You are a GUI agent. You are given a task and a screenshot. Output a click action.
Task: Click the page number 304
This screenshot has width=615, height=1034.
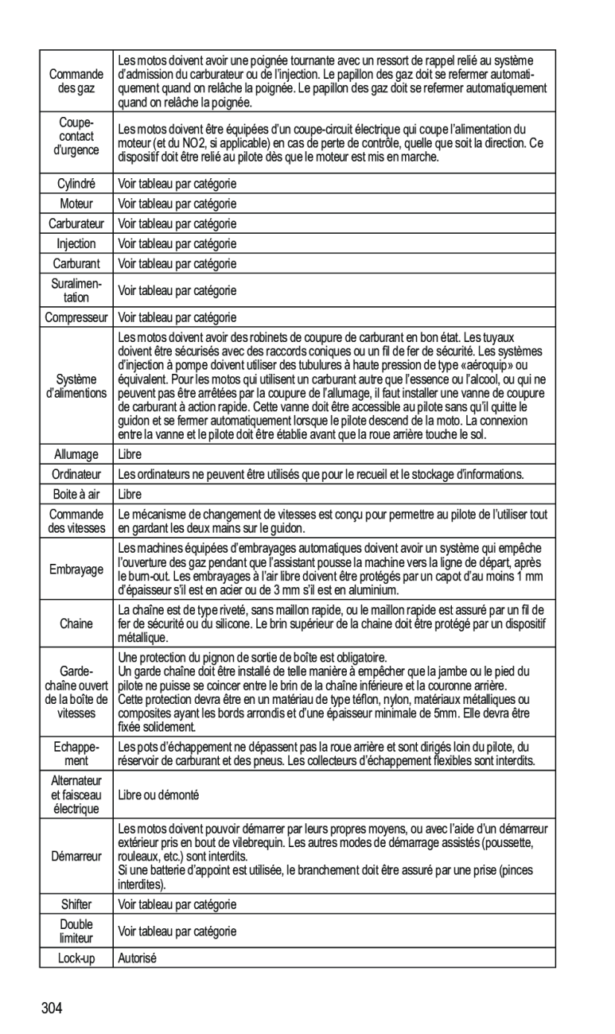(53, 1009)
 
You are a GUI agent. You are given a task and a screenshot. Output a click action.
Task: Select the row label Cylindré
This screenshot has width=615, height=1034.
(76, 184)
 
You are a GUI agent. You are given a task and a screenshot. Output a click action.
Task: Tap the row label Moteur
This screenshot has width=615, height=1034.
(76, 204)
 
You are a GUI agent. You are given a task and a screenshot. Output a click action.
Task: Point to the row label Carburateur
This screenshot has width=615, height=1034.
(76, 224)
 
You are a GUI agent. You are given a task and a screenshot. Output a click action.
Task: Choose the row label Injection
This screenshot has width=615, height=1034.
(76, 243)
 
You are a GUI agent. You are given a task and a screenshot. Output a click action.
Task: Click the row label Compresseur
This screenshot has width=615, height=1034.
(76, 317)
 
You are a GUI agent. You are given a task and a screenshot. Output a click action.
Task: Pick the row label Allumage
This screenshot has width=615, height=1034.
(76, 455)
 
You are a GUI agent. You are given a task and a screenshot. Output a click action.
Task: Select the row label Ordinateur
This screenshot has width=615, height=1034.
(76, 475)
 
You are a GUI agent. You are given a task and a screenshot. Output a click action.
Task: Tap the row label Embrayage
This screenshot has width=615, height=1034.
(76, 569)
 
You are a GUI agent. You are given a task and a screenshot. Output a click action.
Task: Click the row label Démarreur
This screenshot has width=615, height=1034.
(76, 857)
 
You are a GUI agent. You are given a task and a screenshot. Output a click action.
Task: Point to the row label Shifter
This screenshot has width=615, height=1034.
(76, 904)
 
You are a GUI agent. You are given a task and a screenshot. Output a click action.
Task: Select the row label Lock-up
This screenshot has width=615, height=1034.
(76, 958)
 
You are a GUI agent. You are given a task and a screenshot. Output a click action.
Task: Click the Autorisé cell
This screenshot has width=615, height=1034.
(137, 958)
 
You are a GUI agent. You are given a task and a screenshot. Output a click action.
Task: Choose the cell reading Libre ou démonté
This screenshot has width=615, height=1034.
(158, 795)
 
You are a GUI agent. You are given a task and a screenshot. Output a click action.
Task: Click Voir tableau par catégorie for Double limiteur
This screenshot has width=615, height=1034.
(177, 931)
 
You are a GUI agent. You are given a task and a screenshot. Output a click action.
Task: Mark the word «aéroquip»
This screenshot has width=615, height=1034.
(500, 365)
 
